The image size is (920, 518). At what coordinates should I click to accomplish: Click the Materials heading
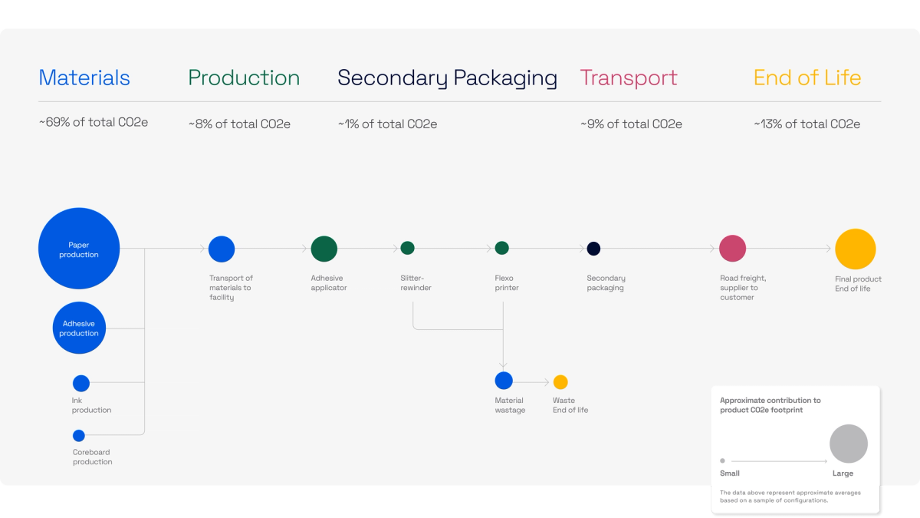click(x=84, y=78)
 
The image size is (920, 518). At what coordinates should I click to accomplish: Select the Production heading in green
click(x=244, y=78)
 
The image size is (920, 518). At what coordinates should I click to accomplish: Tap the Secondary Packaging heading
click(x=447, y=78)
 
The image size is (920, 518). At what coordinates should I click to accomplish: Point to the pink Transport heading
click(x=629, y=78)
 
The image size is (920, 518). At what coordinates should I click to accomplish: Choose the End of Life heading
click(x=807, y=78)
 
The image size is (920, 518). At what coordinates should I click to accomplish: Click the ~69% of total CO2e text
click(x=94, y=123)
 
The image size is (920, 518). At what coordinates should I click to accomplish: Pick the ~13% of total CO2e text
click(x=807, y=124)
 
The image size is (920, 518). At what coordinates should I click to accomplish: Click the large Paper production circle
click(x=79, y=249)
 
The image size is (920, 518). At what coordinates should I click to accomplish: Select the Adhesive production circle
click(x=79, y=328)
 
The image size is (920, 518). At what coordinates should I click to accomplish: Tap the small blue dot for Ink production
click(x=81, y=384)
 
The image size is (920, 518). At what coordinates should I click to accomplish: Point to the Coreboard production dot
click(x=79, y=436)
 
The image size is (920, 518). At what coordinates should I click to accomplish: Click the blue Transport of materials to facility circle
click(x=222, y=249)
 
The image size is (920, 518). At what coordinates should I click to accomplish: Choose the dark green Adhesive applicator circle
click(x=324, y=249)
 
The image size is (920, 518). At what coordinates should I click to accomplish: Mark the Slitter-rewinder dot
click(x=408, y=248)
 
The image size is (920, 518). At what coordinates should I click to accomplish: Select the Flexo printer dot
click(x=502, y=248)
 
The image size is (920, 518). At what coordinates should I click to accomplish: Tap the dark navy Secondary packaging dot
click(x=593, y=249)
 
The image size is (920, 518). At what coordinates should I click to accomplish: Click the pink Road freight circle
click(x=733, y=249)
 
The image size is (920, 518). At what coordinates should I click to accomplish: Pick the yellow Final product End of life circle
click(x=856, y=249)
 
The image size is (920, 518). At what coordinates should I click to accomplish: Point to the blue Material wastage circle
click(x=504, y=381)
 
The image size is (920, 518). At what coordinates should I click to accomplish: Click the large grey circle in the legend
click(x=849, y=444)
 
